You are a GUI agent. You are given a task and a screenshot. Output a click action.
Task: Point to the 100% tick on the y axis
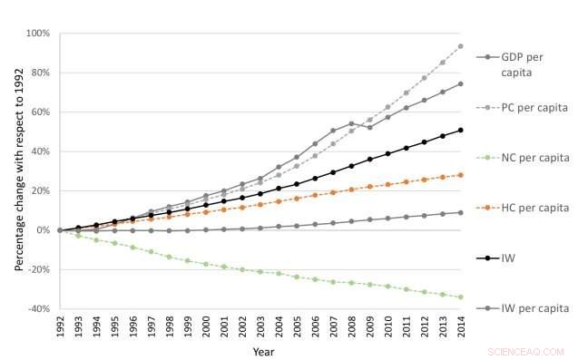[38, 34]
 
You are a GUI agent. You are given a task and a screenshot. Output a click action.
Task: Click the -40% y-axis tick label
[38, 308]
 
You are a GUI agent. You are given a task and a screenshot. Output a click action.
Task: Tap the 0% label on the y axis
[43, 230]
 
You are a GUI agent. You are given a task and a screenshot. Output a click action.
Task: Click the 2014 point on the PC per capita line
[461, 46]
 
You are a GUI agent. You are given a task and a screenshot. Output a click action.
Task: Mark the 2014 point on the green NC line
[461, 297]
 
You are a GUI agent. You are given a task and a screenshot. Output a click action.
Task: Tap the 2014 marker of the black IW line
[461, 130]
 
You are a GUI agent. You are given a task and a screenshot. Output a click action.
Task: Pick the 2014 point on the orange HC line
[461, 175]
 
